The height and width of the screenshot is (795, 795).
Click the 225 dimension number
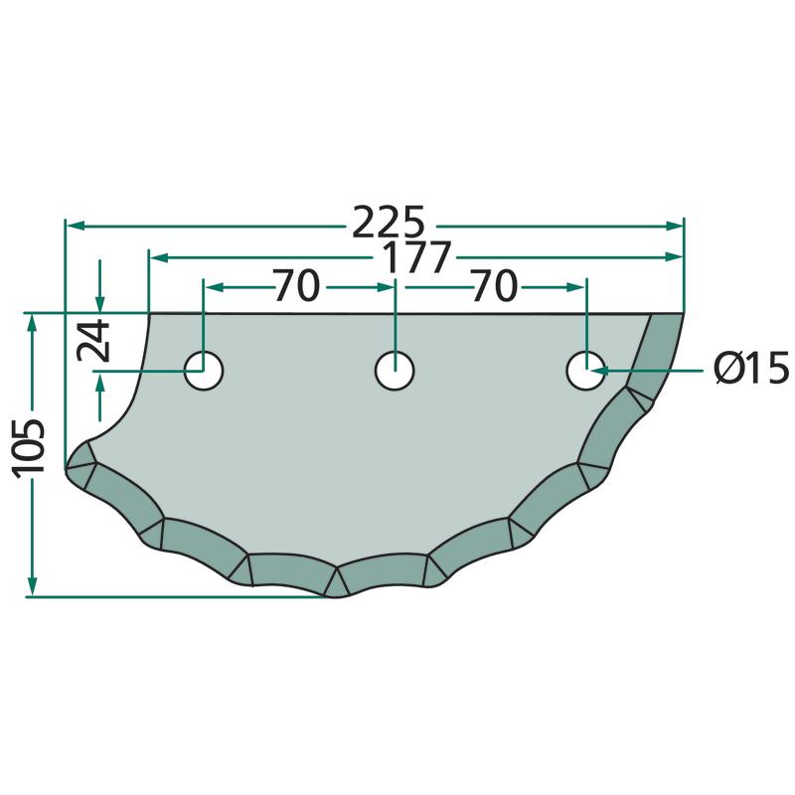[388, 222]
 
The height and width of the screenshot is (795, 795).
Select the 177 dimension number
[415, 257]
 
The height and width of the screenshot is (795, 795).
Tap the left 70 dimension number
[296, 285]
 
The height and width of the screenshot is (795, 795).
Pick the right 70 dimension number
[494, 285]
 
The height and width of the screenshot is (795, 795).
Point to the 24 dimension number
[93, 340]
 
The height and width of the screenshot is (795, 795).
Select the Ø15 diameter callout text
[751, 368]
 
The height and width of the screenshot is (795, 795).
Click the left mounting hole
[204, 370]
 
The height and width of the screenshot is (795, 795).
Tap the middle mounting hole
[395, 370]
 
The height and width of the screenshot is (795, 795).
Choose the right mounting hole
[585, 370]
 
